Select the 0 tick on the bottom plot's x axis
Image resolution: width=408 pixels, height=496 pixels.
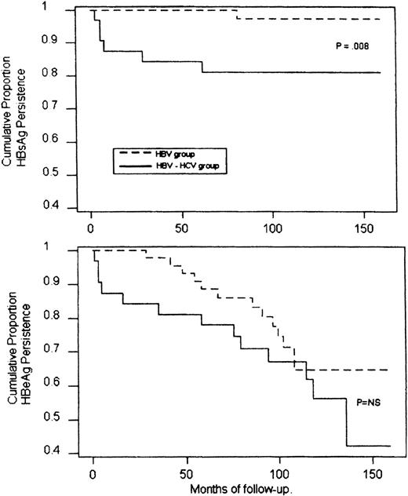point(93,474)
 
